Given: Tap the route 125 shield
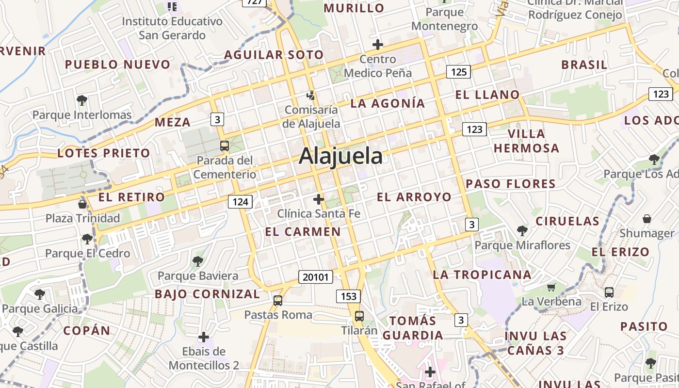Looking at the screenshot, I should [458, 72].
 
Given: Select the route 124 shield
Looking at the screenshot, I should [241, 202].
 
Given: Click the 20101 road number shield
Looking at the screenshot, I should [316, 277].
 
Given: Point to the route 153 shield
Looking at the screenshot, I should [348, 296].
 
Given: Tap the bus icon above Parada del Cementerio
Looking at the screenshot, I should [224, 145].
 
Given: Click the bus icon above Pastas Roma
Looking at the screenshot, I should [278, 300].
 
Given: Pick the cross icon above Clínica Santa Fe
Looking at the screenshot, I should [319, 199].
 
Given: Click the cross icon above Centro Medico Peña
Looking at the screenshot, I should [378, 45].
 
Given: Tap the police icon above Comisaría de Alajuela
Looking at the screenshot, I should [311, 96].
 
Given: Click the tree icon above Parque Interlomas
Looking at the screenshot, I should [82, 100].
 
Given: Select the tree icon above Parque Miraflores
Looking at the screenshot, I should [522, 230].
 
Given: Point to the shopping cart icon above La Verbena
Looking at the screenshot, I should [551, 287].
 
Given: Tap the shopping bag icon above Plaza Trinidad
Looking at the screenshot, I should [82, 204].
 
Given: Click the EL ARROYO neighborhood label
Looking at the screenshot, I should [414, 197].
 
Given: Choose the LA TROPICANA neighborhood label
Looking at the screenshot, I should [482, 275].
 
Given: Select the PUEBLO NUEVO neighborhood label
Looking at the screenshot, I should [118, 65].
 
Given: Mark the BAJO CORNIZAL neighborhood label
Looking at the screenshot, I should [208, 294].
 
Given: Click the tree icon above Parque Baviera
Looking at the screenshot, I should [198, 261].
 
